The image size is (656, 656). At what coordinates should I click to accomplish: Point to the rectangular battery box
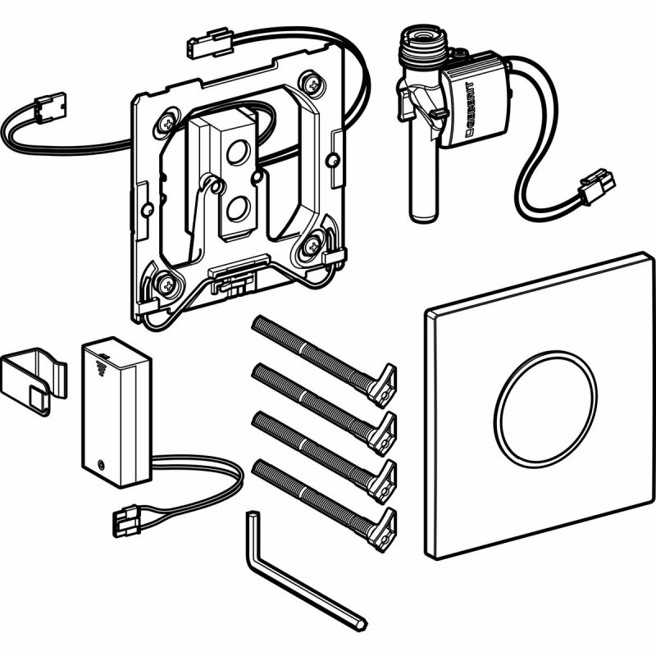tap(116, 412)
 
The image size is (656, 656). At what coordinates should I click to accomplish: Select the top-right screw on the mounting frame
tap(312, 85)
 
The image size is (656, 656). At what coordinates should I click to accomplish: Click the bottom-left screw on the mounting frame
tap(167, 286)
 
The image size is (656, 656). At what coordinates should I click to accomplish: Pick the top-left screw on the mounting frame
tap(168, 124)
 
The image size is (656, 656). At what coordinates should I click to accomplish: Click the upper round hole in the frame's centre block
tap(239, 152)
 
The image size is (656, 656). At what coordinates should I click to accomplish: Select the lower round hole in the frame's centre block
tap(239, 208)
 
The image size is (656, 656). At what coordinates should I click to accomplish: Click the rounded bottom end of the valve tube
tap(424, 216)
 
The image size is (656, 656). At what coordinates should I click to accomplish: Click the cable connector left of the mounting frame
tap(50, 109)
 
